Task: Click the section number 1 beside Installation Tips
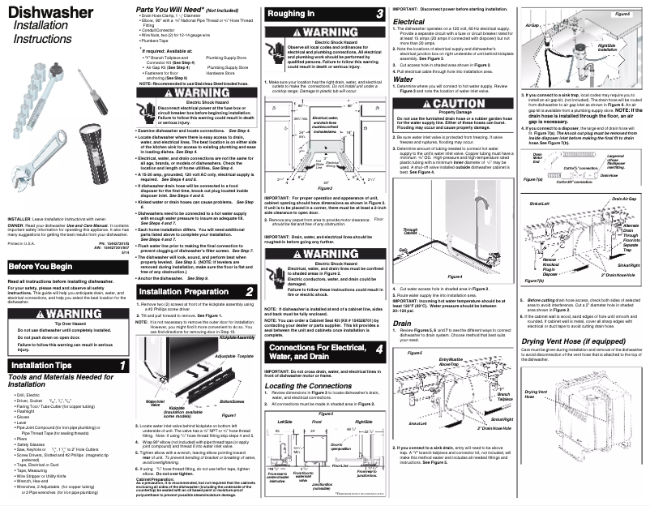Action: [122, 366]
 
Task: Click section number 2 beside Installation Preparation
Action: [249, 291]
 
